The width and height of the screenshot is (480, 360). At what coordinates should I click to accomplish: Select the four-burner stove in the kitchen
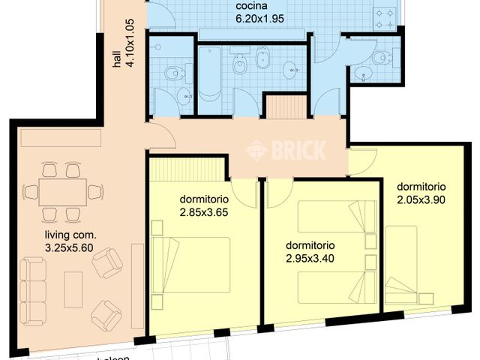(x=388, y=17)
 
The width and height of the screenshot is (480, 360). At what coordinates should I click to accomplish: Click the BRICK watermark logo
(x=287, y=151)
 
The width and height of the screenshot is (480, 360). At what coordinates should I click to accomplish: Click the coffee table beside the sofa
(x=73, y=289)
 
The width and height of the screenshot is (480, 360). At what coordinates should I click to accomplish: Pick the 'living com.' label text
(x=70, y=234)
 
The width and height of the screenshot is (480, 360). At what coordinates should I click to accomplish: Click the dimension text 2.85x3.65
(x=203, y=212)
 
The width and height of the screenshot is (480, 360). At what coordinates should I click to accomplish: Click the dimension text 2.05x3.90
(x=421, y=199)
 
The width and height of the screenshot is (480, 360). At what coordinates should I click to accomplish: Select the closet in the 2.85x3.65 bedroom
(x=187, y=169)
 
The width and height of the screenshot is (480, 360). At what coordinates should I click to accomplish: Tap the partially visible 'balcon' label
(x=110, y=357)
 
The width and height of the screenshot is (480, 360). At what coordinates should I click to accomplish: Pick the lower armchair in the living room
(x=106, y=316)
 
